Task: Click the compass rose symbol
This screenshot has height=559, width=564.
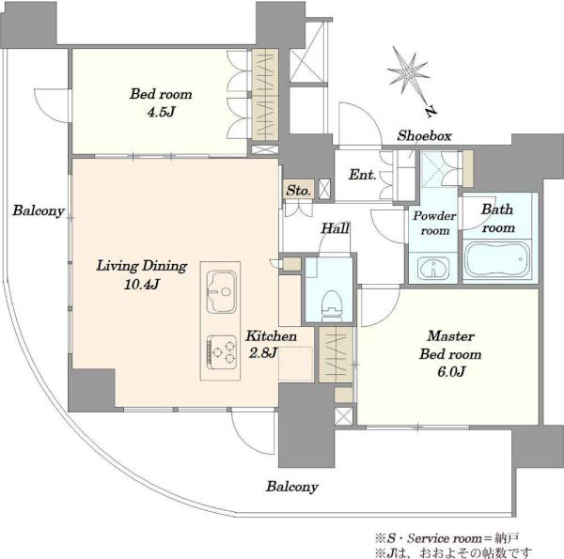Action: [x=409, y=74]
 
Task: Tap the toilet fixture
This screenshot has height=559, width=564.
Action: [x=333, y=305]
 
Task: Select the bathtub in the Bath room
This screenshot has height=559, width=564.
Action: [x=497, y=258]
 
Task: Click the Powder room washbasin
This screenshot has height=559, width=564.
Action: [x=433, y=268]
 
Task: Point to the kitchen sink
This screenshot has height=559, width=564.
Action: [x=221, y=291]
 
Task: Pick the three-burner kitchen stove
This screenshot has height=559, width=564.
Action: [x=222, y=352]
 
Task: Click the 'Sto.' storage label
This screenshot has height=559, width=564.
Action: [x=298, y=190]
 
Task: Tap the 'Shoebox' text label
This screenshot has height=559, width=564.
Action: [x=424, y=136]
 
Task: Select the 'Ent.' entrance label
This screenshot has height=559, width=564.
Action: [x=363, y=175]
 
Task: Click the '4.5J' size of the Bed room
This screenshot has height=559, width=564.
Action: [x=161, y=112]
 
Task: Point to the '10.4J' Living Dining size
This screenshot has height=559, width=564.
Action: [x=142, y=285]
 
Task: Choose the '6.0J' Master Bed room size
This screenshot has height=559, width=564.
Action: [x=451, y=371]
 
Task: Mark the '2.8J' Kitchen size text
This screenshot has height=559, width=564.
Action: [x=263, y=352]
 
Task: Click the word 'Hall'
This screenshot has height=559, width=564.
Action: [x=336, y=228]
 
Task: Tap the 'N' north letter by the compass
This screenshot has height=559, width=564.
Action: [x=430, y=112]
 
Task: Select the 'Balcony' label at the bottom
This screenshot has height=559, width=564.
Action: [x=292, y=487]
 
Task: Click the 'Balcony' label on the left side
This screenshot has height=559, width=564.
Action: [x=39, y=210]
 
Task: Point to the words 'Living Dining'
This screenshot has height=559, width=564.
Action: [x=142, y=266]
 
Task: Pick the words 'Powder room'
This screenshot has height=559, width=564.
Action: [x=434, y=223]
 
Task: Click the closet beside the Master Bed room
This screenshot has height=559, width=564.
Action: [x=336, y=354]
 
